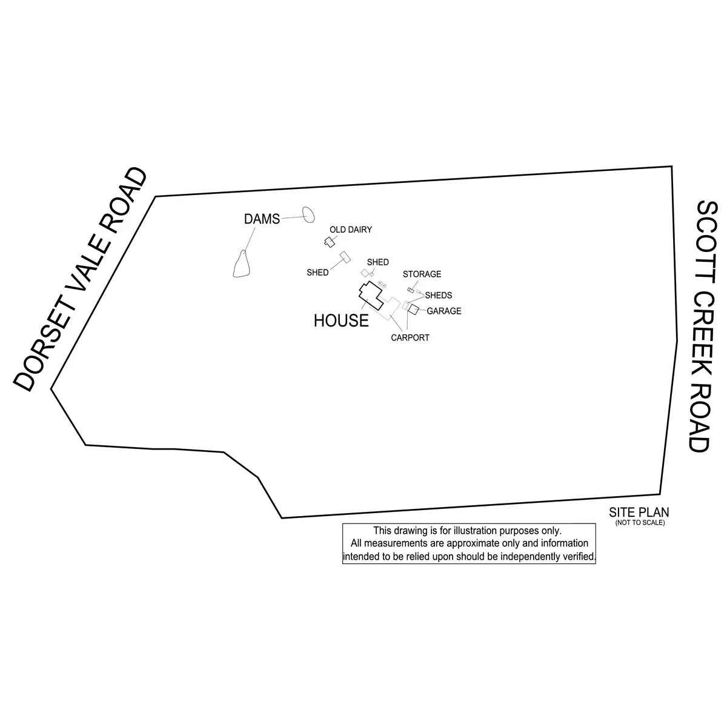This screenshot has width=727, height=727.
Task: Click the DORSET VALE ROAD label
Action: [x=81, y=279]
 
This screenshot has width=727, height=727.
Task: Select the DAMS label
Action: [x=262, y=219]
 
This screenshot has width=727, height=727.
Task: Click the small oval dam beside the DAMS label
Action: [x=308, y=214]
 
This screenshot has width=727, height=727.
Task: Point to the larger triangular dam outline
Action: [x=243, y=265]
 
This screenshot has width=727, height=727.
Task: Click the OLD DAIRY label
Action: [x=351, y=230]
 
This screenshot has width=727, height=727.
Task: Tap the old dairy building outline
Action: [x=329, y=242]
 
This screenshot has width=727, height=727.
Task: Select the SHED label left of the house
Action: [x=317, y=273]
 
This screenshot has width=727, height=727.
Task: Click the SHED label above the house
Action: [x=378, y=262]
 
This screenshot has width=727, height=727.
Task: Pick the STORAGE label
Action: [x=422, y=274]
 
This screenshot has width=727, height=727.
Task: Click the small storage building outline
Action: [x=410, y=291]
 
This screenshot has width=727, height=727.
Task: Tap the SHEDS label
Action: [x=438, y=296]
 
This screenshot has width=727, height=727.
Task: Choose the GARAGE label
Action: [x=444, y=311]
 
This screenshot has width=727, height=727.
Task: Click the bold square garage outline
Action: [x=414, y=310]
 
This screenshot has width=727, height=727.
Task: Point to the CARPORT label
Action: [x=410, y=338]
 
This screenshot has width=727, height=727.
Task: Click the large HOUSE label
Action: [x=341, y=321]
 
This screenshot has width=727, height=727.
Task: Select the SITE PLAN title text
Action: [x=639, y=513]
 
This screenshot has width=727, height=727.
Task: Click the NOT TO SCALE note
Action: [x=640, y=523]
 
